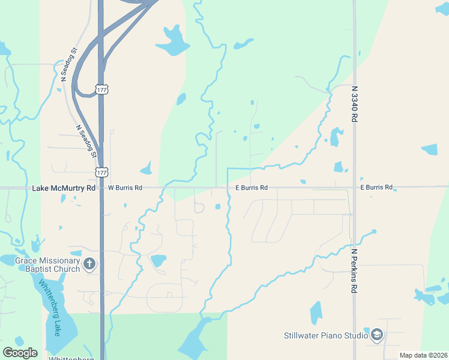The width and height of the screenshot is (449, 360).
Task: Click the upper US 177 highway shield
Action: [x=101, y=89]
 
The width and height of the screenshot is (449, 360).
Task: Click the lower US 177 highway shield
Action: [x=101, y=172]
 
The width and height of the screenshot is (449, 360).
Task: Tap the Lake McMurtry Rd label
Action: [x=64, y=188]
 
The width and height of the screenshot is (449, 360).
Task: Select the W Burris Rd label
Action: [x=125, y=188]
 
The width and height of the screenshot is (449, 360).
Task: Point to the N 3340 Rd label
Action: [x=355, y=104]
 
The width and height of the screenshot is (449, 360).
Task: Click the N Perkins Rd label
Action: [x=355, y=271]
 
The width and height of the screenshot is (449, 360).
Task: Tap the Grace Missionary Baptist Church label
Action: [x=47, y=265]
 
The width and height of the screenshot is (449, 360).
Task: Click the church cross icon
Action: [x=89, y=264]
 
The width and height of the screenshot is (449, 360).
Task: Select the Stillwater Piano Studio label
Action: [x=325, y=335]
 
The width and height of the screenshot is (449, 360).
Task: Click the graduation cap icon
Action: [x=376, y=335]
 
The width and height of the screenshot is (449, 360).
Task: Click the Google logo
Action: [x=20, y=352]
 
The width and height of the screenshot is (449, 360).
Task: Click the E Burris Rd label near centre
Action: [x=247, y=188]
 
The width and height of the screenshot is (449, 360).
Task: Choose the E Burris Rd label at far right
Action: [x=376, y=188]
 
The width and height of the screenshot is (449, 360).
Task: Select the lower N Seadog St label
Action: [x=86, y=142]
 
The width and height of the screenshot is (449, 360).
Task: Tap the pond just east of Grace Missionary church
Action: [x=158, y=260]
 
